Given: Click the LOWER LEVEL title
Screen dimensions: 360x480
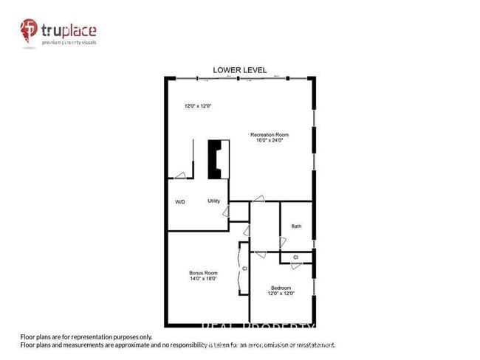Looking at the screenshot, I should [239, 70].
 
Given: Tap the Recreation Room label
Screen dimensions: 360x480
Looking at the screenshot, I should [269, 134].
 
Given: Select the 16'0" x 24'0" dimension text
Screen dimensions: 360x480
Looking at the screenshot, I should [269, 140].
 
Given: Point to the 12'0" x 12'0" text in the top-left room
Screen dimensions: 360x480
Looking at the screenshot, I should [198, 106].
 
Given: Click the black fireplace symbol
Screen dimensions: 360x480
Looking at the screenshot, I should [216, 159].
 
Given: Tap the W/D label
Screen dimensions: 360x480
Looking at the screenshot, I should [180, 201].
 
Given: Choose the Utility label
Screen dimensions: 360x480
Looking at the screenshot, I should [214, 201].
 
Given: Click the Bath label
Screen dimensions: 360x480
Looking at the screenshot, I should [296, 226].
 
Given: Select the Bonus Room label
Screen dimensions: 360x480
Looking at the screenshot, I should [202, 274].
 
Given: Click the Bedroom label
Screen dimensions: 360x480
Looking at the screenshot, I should [281, 288].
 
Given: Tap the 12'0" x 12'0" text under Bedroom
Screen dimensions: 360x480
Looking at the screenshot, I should [281, 294].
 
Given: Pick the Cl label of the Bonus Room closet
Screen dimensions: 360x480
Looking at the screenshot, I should [244, 269].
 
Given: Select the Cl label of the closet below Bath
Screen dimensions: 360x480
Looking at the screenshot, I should [295, 257].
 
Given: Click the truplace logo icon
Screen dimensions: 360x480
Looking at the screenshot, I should [29, 31].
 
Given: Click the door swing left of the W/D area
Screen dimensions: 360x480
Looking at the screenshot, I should [179, 176].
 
